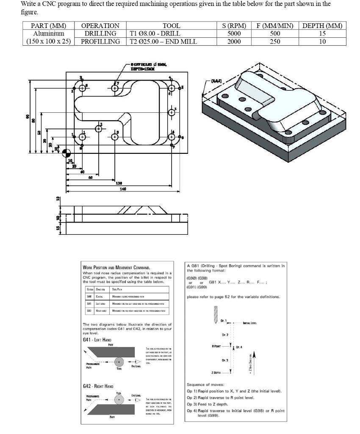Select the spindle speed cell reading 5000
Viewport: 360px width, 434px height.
(234, 33)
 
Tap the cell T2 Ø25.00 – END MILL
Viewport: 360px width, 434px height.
(163, 42)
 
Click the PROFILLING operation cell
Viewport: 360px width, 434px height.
(100, 42)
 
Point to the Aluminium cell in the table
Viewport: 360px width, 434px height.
(49, 33)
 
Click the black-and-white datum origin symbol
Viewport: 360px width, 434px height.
(66, 153)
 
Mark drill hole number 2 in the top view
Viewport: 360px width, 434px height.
(99, 129)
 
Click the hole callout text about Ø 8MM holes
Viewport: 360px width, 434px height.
(149, 66)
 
